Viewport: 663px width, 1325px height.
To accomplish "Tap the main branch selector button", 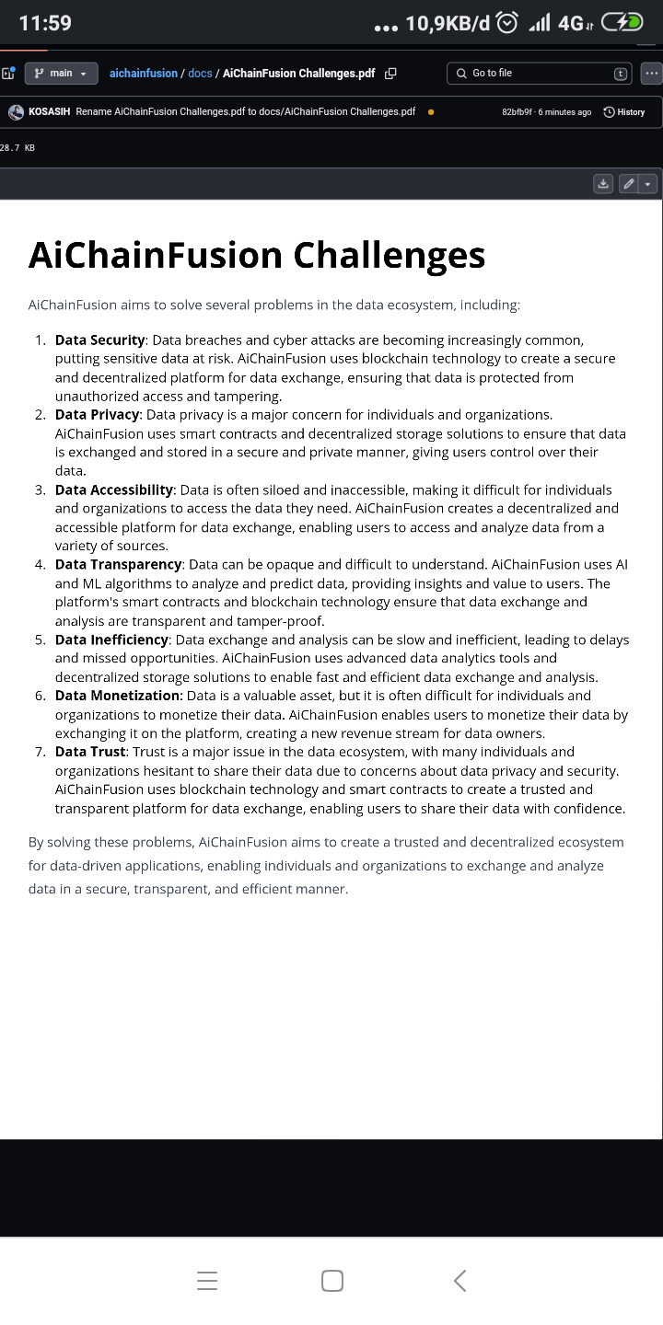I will pos(61,73).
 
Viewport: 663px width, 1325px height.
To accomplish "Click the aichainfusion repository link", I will pos(143,73).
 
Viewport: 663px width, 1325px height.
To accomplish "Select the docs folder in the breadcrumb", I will pos(200,73).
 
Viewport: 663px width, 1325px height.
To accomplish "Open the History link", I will pos(624,112).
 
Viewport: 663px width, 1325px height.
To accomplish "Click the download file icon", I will pos(603,184).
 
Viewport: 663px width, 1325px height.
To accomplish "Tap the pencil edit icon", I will pos(629,184).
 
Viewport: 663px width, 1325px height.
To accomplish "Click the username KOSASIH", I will pos(50,112).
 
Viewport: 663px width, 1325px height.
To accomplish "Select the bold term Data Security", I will pos(100,340).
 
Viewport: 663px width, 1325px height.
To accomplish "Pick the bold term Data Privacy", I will pos(98,415).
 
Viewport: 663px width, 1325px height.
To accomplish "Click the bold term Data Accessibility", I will pos(114,490).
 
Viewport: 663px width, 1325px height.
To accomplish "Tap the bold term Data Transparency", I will pos(119,564).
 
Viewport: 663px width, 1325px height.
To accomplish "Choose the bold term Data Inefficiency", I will pos(112,639).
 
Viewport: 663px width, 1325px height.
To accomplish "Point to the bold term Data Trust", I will pos(90,752).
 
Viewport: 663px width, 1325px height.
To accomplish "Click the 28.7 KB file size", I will pos(17,147).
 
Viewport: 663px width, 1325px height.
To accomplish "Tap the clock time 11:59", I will pos(45,23).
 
